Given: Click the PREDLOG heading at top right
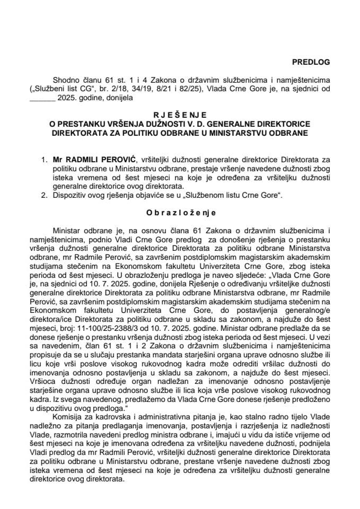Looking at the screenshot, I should coord(312,62).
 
